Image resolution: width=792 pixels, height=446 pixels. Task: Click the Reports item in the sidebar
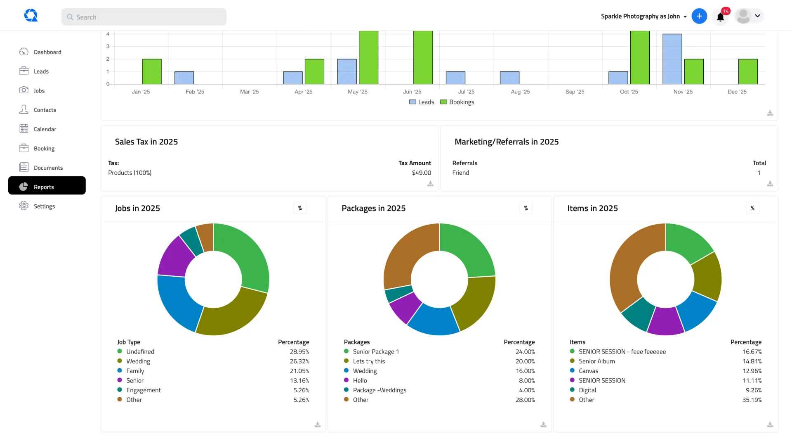coord(44,187)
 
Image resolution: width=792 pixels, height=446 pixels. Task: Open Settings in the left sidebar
coord(44,206)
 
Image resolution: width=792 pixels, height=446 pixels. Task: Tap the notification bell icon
coord(720,17)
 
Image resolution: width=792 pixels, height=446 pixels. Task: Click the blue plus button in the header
coord(699,16)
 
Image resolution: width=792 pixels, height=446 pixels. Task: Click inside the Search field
coord(144,17)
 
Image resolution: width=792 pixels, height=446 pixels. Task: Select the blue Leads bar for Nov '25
coord(672,59)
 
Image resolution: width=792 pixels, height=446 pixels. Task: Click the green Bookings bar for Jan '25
coord(152,71)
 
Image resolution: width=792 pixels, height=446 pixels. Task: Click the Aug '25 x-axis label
coord(520,92)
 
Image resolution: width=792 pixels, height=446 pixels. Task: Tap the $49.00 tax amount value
coord(421,173)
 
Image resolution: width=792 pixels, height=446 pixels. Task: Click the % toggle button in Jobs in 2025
coord(300,208)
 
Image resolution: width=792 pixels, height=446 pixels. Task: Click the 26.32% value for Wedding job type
coord(299,361)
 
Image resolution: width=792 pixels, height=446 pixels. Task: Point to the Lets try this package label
coord(369,361)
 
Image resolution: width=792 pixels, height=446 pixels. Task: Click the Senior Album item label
coord(596,361)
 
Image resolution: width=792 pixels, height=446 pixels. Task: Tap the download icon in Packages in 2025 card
coord(543,425)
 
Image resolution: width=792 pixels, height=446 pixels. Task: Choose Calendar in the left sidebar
coord(45,129)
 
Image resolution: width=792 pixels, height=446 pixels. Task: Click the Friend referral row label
coord(461,173)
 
